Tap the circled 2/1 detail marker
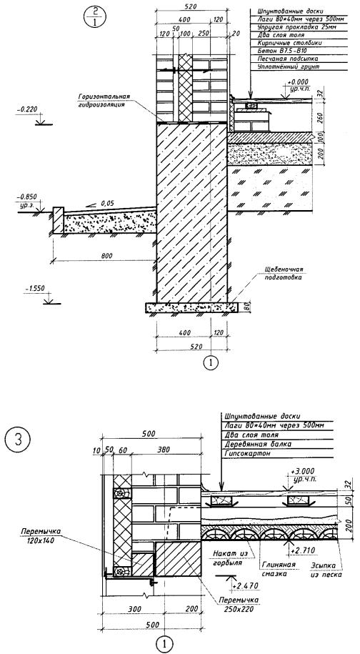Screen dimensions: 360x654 [x=95, y=17]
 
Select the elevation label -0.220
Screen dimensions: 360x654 [x=27, y=110]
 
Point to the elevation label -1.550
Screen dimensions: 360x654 [x=35, y=288]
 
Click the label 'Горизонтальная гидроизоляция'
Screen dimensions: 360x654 [x=104, y=100]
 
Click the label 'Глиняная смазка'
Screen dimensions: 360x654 [x=279, y=570]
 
